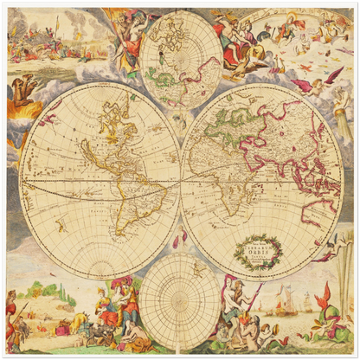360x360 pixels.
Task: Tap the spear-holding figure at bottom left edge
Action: tap(10, 317)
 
